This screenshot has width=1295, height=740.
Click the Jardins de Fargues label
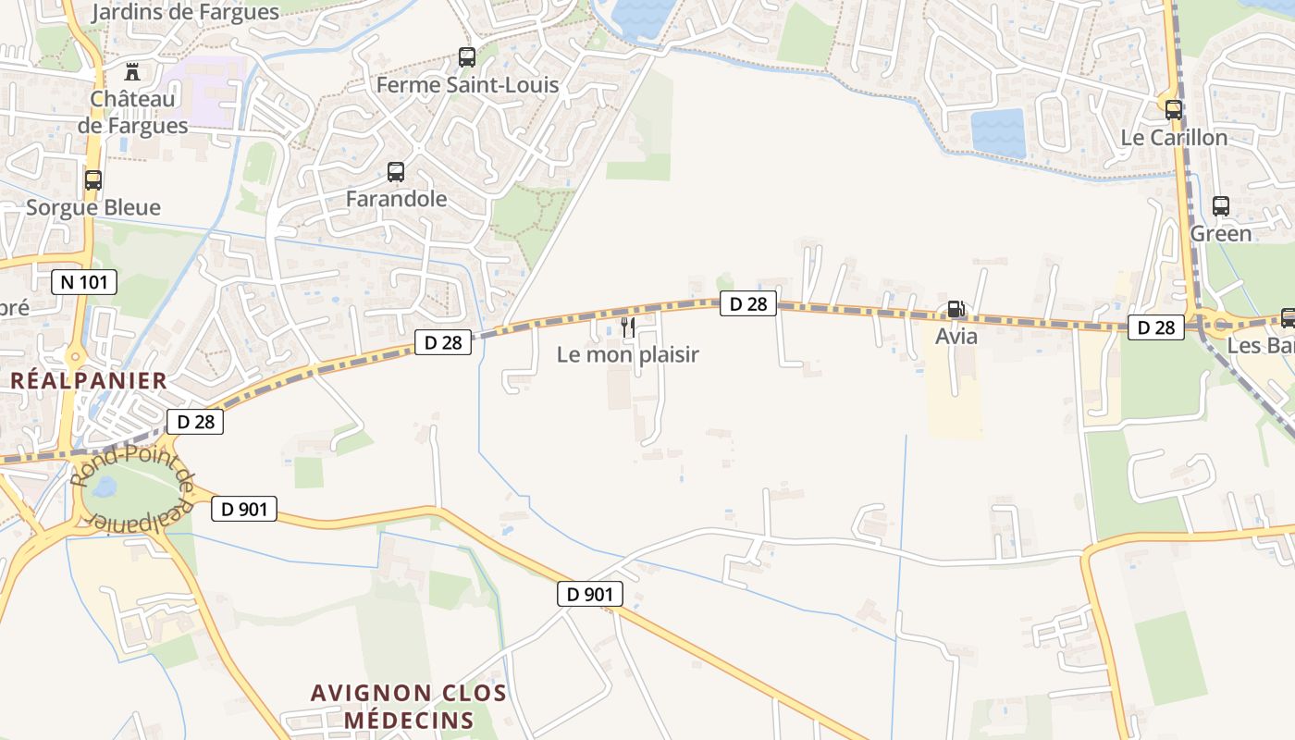[x=186, y=12]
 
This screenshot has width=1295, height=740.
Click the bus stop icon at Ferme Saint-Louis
[x=467, y=57]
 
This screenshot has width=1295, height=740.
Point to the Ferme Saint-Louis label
[x=467, y=85]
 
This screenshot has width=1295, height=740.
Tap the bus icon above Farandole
[x=396, y=172]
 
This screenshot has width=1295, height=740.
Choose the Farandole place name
[x=396, y=199]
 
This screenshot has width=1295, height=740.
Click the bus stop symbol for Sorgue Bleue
[x=93, y=180]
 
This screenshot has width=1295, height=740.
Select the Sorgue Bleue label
[x=93, y=207]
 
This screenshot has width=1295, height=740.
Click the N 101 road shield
[x=84, y=282]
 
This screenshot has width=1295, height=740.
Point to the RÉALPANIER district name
[x=89, y=380]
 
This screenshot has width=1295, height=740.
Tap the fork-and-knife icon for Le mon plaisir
[x=628, y=327]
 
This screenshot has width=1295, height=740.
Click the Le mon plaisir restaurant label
[x=628, y=354]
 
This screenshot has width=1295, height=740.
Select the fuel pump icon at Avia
[x=956, y=309]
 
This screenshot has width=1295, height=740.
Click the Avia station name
[x=956, y=336]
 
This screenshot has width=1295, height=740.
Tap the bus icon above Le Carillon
[x=1174, y=110]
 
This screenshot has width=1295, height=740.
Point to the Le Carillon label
[x=1174, y=138]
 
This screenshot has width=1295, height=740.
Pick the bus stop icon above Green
[x=1221, y=206]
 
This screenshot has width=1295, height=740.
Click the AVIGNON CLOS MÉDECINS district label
[x=408, y=706]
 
